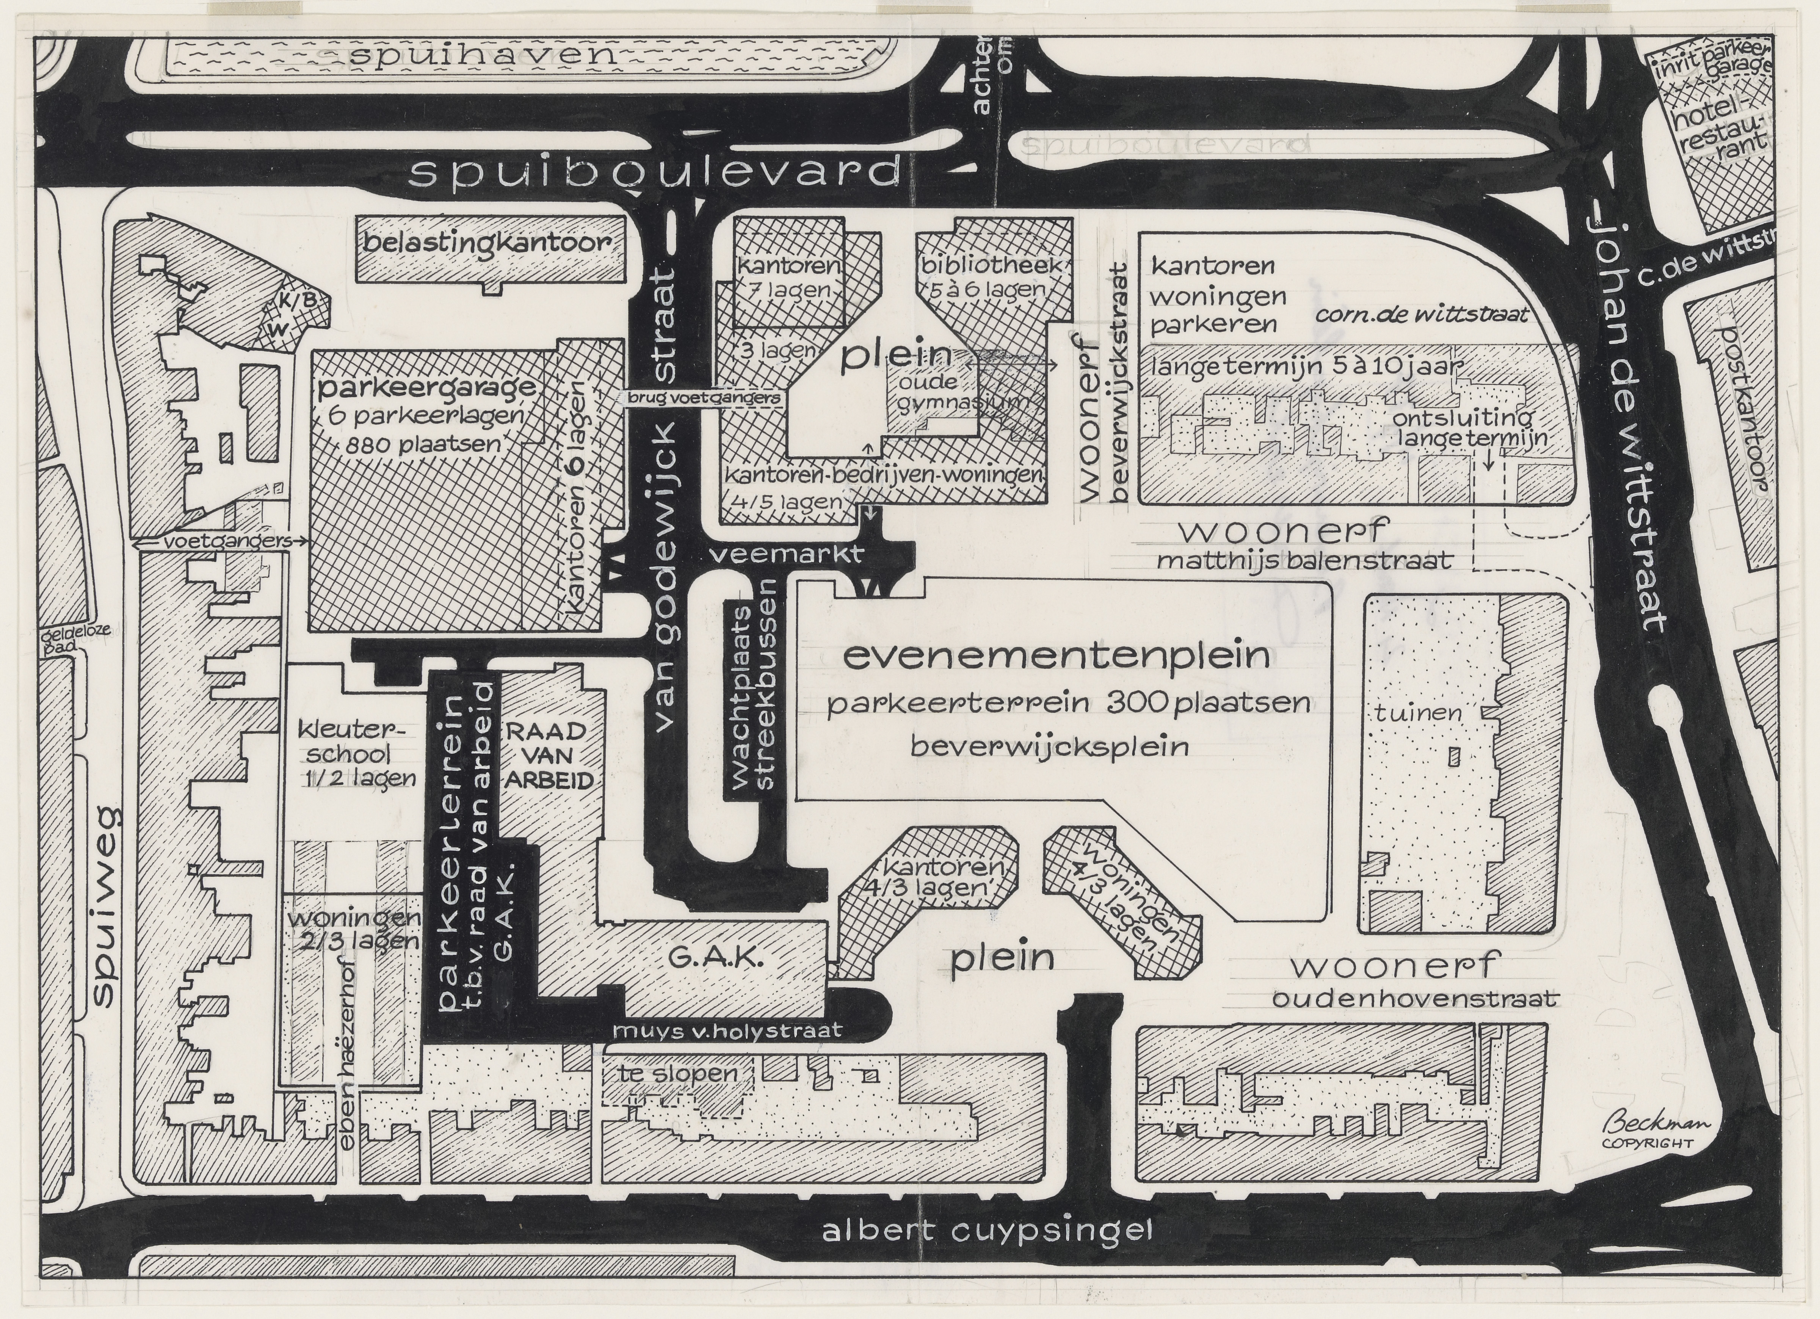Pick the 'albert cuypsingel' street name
click(x=987, y=1252)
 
